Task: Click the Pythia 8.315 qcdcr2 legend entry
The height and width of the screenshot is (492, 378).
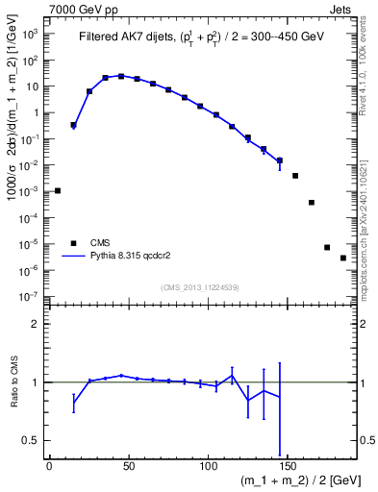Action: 126,257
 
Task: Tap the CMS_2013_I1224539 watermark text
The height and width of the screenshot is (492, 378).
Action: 200,287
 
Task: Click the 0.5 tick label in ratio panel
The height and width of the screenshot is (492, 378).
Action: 34,440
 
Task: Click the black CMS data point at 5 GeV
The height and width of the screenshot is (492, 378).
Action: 58,190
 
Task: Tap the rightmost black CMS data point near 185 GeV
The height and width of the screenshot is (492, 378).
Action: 343,258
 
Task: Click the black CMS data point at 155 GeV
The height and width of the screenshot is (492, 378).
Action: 295,176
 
